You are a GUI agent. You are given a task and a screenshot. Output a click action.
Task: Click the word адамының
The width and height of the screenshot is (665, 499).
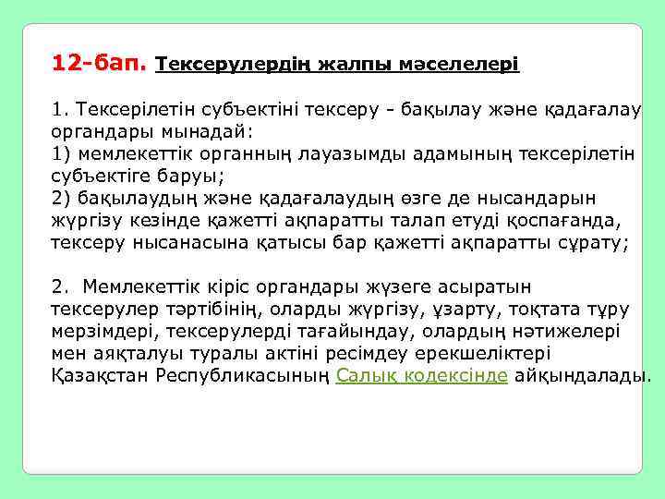click(x=460, y=154)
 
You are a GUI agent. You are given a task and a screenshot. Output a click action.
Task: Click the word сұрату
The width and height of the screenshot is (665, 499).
click(x=596, y=243)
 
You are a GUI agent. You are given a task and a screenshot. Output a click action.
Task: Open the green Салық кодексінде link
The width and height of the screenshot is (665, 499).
click(x=422, y=376)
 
